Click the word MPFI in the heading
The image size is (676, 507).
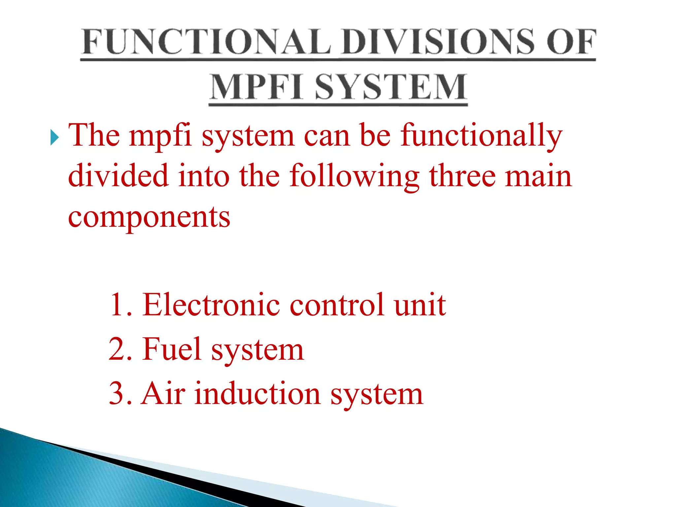point(256,87)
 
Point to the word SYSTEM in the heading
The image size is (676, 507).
point(391,87)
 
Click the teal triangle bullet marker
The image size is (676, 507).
point(54,138)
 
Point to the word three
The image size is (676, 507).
point(462,176)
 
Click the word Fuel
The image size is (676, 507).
point(172,349)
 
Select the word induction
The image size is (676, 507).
point(257,393)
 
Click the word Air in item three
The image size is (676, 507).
point(163,393)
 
